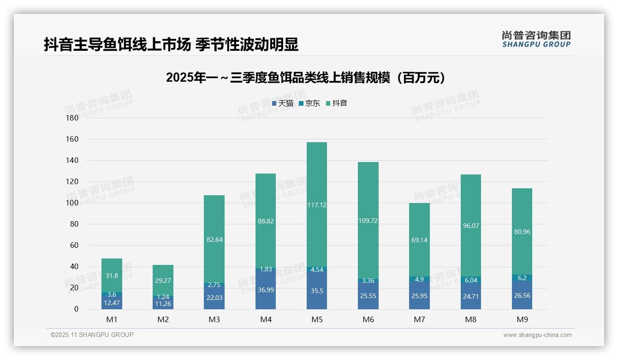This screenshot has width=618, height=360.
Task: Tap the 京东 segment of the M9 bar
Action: [x=522, y=278]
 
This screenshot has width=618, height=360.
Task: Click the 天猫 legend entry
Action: [x=283, y=103]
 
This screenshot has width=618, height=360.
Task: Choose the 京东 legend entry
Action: [x=309, y=103]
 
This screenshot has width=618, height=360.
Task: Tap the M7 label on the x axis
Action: [x=419, y=319]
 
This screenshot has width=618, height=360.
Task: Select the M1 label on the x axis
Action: [x=112, y=319]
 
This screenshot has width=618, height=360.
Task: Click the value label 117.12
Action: [x=316, y=205]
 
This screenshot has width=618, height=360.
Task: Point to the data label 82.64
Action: [x=214, y=240]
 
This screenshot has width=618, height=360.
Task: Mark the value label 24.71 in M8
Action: [x=470, y=296]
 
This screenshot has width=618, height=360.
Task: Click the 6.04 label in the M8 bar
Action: [x=470, y=280]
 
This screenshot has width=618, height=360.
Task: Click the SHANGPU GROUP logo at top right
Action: [x=536, y=39]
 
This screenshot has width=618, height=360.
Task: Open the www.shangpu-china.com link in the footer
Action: [x=537, y=335]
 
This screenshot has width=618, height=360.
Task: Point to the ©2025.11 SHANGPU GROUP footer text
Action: [x=92, y=335]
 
